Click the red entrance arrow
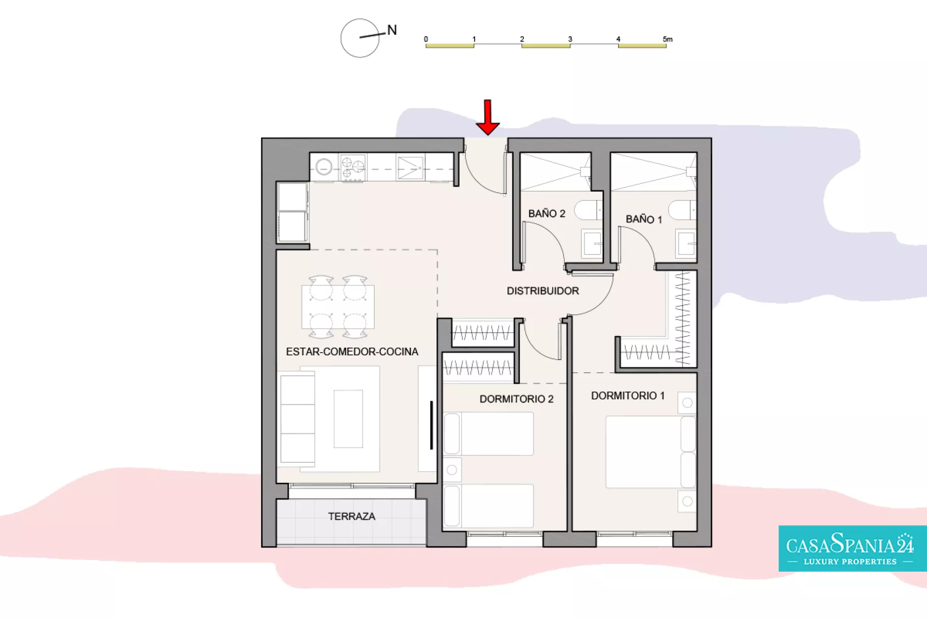click(x=488, y=117)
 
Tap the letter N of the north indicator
click(x=392, y=30)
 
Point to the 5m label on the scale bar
click(x=667, y=39)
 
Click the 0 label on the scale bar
click(x=426, y=39)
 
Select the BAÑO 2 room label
click(x=547, y=213)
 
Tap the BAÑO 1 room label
click(x=644, y=219)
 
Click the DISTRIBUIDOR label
click(x=543, y=291)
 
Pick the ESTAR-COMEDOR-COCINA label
click(x=352, y=351)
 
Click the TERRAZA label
click(x=351, y=516)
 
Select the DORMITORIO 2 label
click(x=517, y=399)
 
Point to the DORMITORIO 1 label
click(x=628, y=395)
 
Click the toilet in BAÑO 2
click(x=588, y=211)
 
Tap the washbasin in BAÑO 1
click(x=686, y=243)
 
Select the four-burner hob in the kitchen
click(x=352, y=168)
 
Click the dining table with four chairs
click(x=338, y=307)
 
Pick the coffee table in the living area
click(x=348, y=419)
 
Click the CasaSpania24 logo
click(x=852, y=548)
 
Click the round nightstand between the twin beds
click(x=452, y=470)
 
